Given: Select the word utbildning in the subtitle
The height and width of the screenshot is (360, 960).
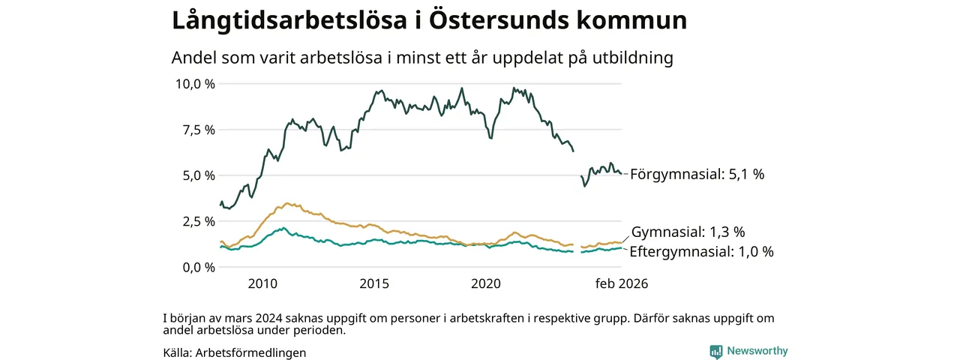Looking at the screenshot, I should click(631, 58).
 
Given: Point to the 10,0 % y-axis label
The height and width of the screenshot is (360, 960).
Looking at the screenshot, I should click(194, 83).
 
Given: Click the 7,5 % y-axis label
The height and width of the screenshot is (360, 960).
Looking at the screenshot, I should click(198, 129).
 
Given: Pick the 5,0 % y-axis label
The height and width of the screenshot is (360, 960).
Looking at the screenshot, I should click(198, 175).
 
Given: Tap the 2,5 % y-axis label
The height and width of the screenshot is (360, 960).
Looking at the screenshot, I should click(198, 221).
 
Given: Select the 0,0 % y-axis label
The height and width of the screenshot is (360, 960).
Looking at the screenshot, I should click(198, 267).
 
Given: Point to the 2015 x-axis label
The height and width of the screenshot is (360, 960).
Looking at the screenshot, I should click(373, 284).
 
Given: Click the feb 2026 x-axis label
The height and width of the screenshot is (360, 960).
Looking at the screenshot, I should click(622, 284).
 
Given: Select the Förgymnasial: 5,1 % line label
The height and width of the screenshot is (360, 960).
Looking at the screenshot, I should click(697, 174).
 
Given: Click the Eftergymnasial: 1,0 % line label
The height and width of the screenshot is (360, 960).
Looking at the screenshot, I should click(701, 252).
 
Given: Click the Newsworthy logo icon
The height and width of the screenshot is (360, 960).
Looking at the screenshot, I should click(716, 351).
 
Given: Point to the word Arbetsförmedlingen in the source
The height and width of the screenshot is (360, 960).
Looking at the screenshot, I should click(250, 352).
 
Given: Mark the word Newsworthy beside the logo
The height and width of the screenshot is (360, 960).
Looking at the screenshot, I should click(757, 351).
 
